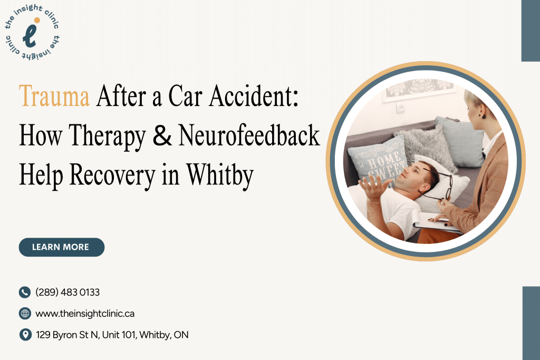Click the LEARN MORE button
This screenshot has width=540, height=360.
point(61,247)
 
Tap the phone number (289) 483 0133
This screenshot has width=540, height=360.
point(67,292)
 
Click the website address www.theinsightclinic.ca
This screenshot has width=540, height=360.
point(85,314)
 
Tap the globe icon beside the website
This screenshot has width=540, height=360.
point(25,314)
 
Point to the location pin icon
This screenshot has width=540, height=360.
point(25,335)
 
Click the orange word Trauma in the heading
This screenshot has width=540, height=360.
point(54,97)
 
